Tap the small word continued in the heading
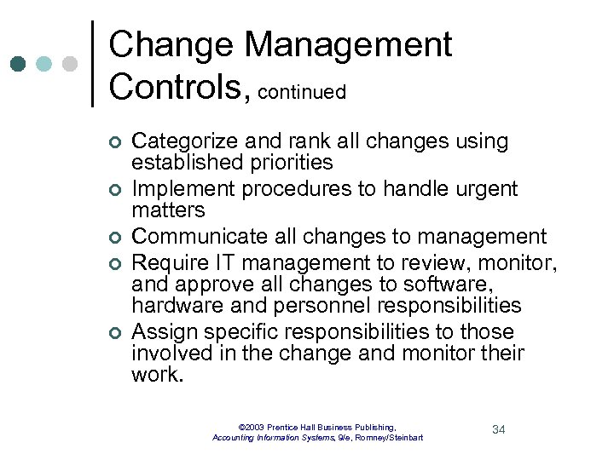pyautogui.click(x=301, y=92)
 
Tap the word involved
pyautogui.click(x=168, y=353)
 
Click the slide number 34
pyautogui.click(x=499, y=429)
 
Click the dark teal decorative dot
pyautogui.click(x=17, y=64)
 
